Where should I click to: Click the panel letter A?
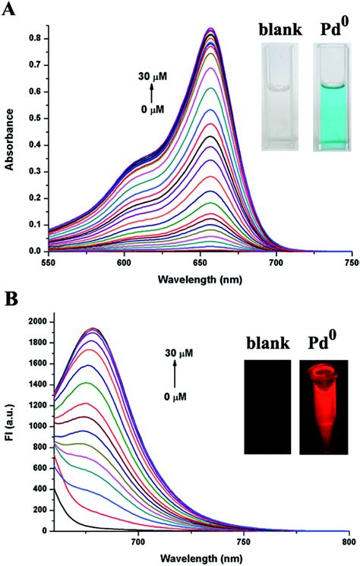11,10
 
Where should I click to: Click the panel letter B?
11,297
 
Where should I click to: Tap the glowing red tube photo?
322,406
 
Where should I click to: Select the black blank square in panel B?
267,406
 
